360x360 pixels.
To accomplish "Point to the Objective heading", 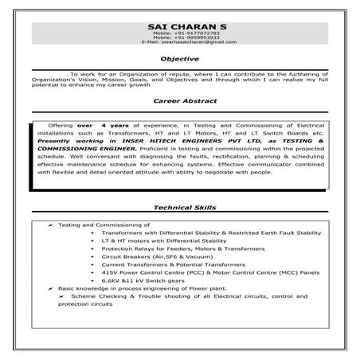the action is coord(179,59).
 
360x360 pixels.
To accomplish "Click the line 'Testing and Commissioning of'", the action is coord(104,225).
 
